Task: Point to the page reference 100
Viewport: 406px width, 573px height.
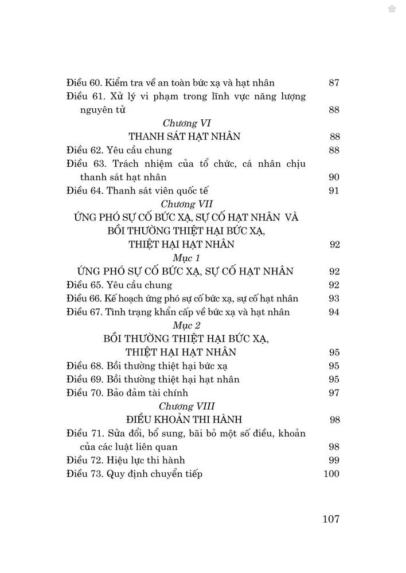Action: coord(331,474)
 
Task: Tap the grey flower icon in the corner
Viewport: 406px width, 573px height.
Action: coord(393,9)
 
